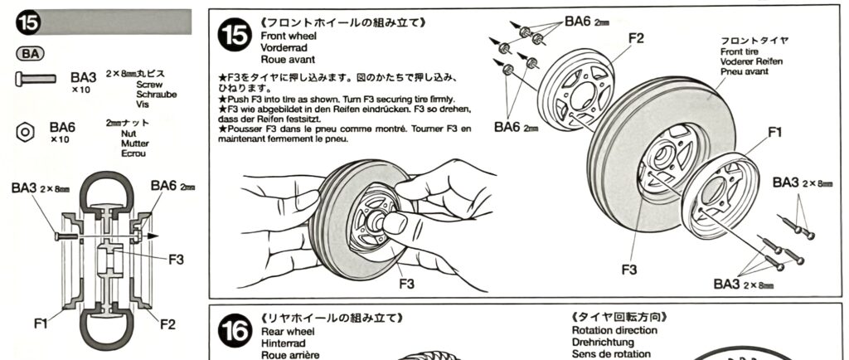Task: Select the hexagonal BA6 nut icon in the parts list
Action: click(x=26, y=131)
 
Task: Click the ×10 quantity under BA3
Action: click(x=80, y=90)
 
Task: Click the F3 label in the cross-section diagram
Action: click(x=175, y=259)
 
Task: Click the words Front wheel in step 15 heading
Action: click(x=285, y=36)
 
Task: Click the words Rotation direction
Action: click(x=614, y=330)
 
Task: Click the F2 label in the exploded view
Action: click(x=636, y=38)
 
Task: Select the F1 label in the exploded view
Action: click(x=775, y=132)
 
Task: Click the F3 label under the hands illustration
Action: click(x=405, y=283)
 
